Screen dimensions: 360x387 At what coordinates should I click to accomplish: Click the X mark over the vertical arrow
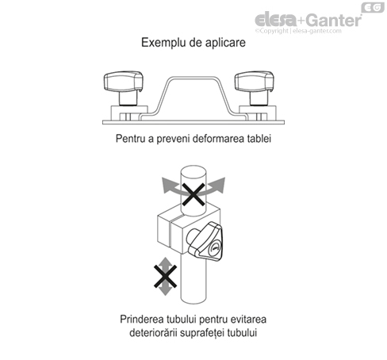pos(165,279)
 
